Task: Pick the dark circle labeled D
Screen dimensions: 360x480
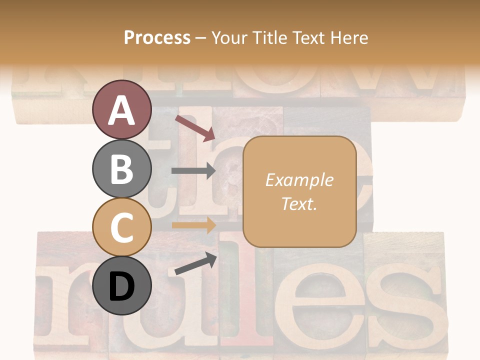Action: (122, 285)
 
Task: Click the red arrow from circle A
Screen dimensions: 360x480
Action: (195, 127)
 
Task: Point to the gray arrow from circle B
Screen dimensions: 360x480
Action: (193, 171)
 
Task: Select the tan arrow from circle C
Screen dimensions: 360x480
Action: (193, 225)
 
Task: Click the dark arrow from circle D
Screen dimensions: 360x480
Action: (195, 263)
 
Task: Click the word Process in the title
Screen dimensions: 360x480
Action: (157, 37)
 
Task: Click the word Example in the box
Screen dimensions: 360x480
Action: (299, 180)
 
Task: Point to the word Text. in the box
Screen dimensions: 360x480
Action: (299, 203)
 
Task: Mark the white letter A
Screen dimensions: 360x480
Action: (122, 110)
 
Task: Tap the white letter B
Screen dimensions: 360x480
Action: (122, 169)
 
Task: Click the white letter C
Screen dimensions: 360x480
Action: (122, 227)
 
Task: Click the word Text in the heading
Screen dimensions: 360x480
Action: (310, 37)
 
